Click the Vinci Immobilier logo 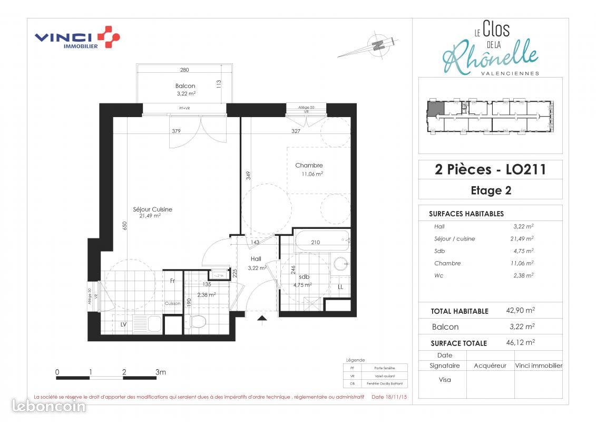77,39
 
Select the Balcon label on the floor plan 185,86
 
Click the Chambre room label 309,166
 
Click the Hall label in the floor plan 256,259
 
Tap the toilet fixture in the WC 199,321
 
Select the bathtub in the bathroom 321,242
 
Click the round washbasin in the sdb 340,263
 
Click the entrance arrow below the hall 261,318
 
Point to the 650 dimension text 125,226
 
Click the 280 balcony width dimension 184,70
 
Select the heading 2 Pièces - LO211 490,169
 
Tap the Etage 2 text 490,190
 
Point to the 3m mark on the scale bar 161,372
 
